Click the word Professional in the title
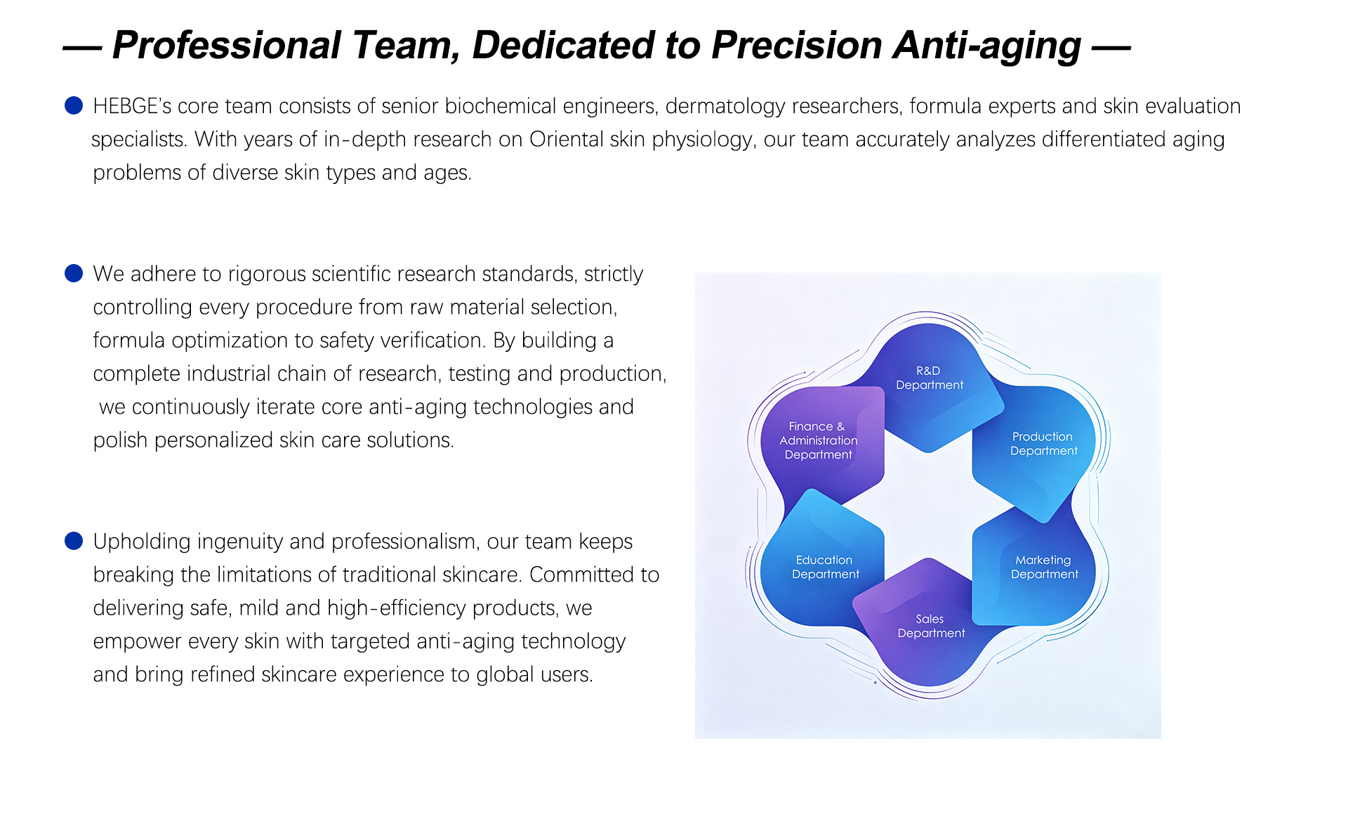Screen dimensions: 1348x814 coord(227,45)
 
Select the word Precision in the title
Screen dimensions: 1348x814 coord(797,45)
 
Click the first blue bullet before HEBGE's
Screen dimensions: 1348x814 coord(74,105)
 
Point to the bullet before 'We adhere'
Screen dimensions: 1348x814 coord(74,273)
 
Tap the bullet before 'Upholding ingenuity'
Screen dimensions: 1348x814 coord(74,541)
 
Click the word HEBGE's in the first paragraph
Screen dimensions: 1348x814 coord(132,106)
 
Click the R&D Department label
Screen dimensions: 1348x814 coord(930,378)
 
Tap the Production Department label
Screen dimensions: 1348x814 coord(1043,444)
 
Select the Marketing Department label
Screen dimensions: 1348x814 coord(1044,567)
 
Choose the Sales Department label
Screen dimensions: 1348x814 coord(931,626)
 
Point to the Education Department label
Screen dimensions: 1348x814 coord(825,567)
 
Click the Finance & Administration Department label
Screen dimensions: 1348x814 coord(818,440)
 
